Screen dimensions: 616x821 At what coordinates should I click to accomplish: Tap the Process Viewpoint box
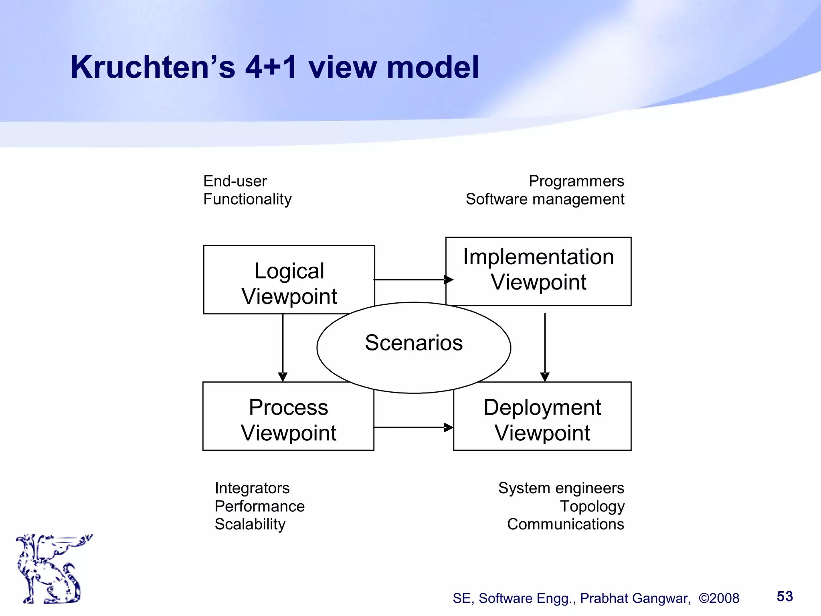point(288,419)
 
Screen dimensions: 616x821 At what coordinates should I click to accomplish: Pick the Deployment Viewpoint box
point(542,419)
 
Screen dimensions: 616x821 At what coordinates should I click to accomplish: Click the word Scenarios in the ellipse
point(414,343)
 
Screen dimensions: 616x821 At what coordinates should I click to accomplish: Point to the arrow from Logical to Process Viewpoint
point(283,347)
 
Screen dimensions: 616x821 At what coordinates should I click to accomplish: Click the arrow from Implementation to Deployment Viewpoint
point(545,347)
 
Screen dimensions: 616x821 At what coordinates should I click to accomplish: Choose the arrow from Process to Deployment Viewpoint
point(413,428)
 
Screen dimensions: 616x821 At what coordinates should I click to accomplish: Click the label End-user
point(235,181)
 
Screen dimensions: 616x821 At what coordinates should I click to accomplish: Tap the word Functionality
point(247,199)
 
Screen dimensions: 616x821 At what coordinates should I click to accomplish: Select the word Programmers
point(576,181)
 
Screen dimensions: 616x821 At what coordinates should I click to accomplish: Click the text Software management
point(545,199)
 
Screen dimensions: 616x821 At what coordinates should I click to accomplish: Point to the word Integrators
point(252,488)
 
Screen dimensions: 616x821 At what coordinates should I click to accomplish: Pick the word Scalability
point(250,524)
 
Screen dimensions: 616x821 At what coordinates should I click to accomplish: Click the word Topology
point(592,507)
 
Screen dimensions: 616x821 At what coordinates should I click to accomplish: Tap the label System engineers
point(561,488)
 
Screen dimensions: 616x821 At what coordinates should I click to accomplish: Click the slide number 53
point(785,596)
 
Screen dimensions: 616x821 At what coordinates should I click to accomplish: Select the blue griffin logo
point(52,569)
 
